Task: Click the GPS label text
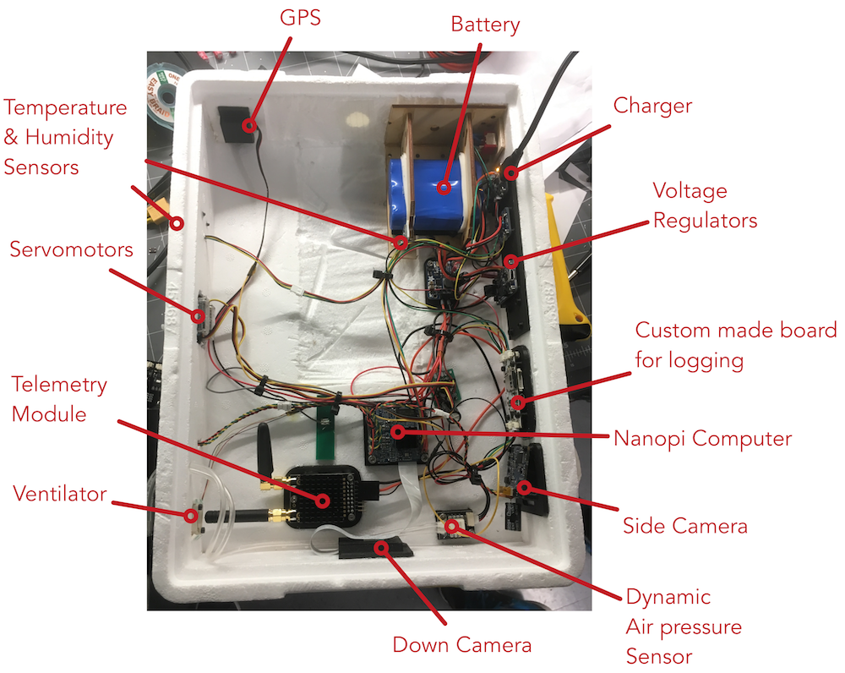[300, 18]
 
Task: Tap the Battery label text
[485, 25]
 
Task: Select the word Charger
[652, 106]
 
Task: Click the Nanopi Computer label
[703, 439]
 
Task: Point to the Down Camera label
[462, 645]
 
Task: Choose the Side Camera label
[685, 526]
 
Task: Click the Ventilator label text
[60, 494]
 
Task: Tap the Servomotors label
[71, 249]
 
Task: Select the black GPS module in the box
[236, 124]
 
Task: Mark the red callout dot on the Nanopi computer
[398, 431]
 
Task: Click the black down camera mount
[375, 549]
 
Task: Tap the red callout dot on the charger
[511, 173]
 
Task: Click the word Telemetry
[59, 385]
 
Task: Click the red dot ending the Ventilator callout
[190, 516]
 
